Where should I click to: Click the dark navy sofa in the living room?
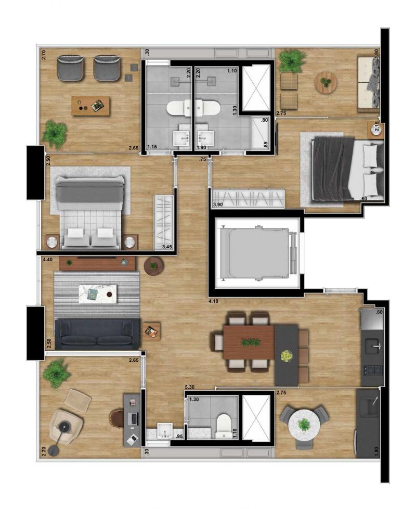(x=98, y=334)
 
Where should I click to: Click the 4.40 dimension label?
(x=48, y=259)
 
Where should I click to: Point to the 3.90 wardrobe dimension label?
(x=218, y=205)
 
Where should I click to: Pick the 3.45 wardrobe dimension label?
(x=167, y=247)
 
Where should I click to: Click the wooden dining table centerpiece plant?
(x=250, y=342)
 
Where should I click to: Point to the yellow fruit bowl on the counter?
(x=287, y=356)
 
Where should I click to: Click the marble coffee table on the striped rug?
(x=98, y=294)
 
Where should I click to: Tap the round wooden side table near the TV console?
(x=154, y=266)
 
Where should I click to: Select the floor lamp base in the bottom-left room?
(x=53, y=451)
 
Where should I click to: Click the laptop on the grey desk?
(x=133, y=418)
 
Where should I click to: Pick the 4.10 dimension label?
(x=213, y=301)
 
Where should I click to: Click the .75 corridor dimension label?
(x=203, y=159)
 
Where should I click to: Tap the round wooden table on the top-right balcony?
(x=326, y=82)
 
